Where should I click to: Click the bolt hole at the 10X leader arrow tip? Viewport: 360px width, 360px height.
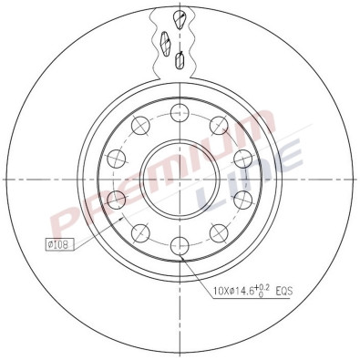click(x=180, y=245)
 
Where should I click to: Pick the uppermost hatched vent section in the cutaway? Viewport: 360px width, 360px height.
click(x=180, y=21)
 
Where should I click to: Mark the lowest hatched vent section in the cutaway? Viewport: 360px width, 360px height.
click(x=180, y=61)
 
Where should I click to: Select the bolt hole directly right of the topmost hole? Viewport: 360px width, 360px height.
click(x=219, y=126)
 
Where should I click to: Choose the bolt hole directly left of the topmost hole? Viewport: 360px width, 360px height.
click(x=140, y=126)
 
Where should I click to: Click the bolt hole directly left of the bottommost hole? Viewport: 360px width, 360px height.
click(x=140, y=232)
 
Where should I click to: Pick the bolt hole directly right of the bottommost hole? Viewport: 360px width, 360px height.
click(x=219, y=232)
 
